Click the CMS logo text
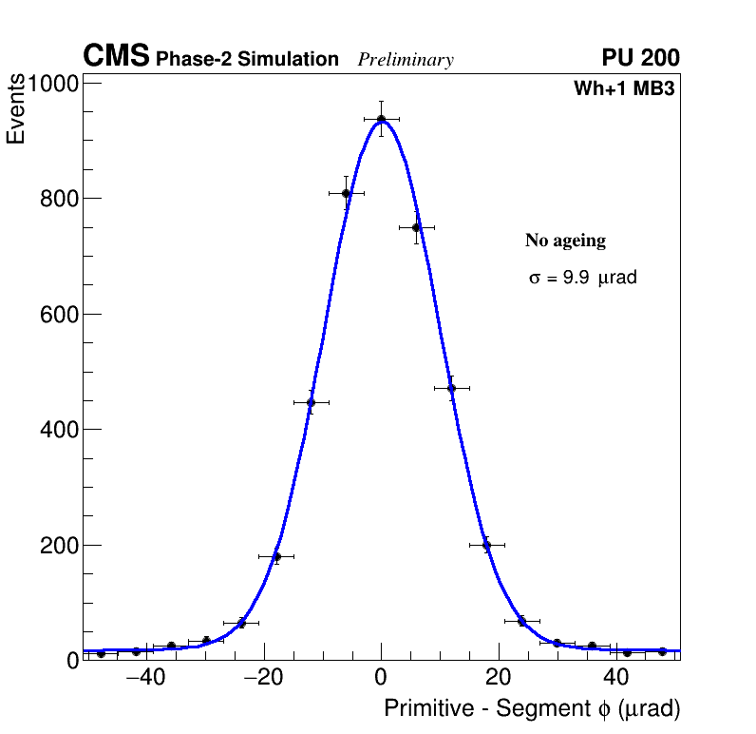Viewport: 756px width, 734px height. pos(116,57)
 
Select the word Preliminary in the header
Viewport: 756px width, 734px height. pos(406,60)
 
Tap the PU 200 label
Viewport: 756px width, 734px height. pos(640,58)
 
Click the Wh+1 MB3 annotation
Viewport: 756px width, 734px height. pos(624,89)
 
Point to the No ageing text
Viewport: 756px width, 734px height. pos(565,241)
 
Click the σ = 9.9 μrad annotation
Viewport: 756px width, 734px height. pos(582,278)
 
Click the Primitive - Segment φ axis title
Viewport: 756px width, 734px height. pos(532,709)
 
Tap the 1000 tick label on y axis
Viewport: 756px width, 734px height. pos(51,84)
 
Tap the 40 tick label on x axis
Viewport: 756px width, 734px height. pos(615,677)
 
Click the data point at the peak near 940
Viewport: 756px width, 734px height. pos(381,119)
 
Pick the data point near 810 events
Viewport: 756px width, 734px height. pos(347,193)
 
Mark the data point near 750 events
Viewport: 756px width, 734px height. pos(416,227)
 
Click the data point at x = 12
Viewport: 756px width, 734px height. pos(451,388)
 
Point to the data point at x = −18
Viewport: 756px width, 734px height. pos(276,556)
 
